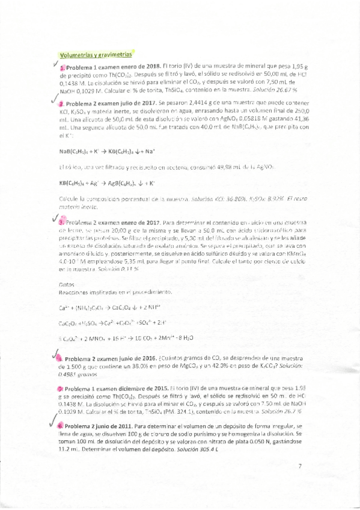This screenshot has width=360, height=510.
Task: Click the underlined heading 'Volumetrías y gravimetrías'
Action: coord(91,54)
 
